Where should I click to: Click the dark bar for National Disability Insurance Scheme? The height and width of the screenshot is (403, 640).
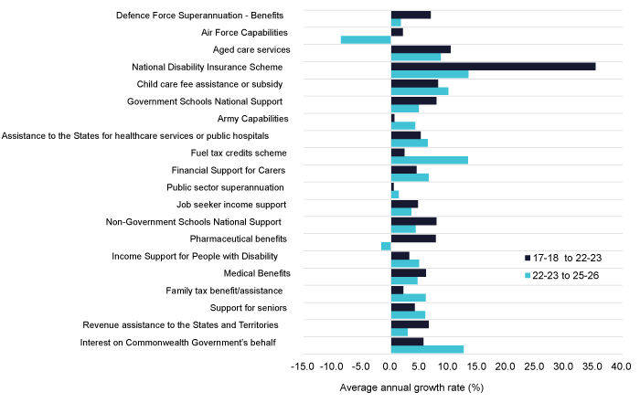pyautogui.click(x=493, y=66)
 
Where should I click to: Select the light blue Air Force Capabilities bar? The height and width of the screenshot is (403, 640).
pyautogui.click(x=366, y=39)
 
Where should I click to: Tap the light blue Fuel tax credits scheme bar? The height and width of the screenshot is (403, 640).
pyautogui.click(x=429, y=160)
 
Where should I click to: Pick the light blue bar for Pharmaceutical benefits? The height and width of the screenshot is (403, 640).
pyautogui.click(x=386, y=246)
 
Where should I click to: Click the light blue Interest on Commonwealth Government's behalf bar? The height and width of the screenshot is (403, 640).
pyautogui.click(x=427, y=349)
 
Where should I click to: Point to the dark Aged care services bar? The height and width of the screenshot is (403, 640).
pyautogui.click(x=421, y=48)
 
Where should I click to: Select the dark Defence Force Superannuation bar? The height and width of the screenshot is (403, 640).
pyautogui.click(x=411, y=15)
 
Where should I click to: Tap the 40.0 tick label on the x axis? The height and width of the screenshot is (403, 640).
pyautogui.click(x=622, y=366)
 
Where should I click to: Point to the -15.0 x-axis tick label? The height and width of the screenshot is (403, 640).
pyautogui.click(x=301, y=366)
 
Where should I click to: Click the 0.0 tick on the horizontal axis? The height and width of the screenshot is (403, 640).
pyautogui.click(x=390, y=366)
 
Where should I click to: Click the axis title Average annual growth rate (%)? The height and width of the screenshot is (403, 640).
pyautogui.click(x=411, y=387)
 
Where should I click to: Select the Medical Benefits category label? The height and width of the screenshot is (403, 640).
pyautogui.click(x=257, y=272)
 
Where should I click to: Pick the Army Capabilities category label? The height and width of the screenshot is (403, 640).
pyautogui.click(x=252, y=119)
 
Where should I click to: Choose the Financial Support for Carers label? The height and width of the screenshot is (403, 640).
pyautogui.click(x=229, y=170)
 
